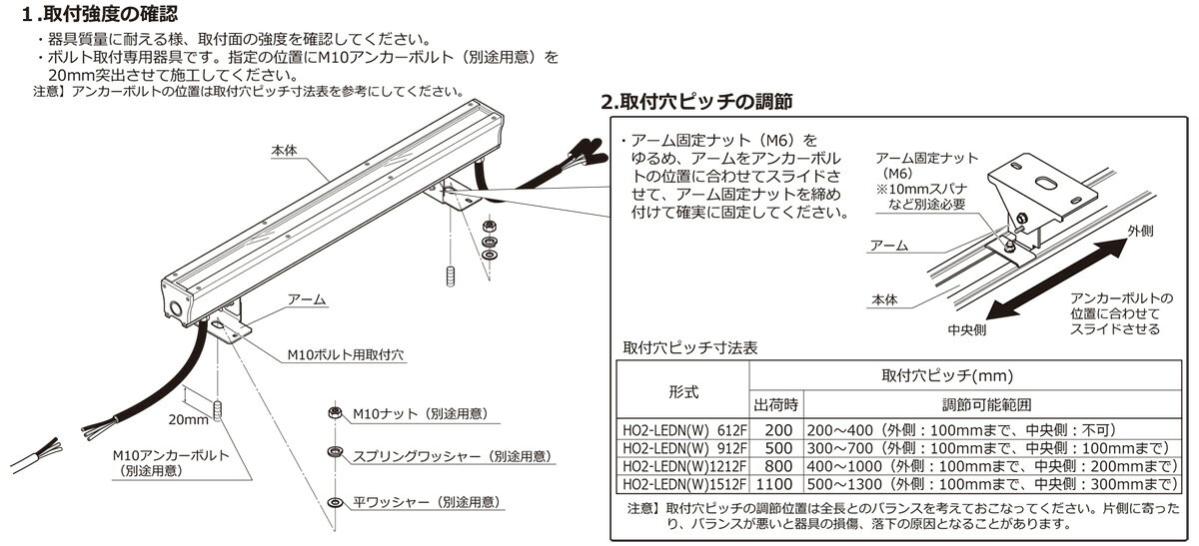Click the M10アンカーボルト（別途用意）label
170,462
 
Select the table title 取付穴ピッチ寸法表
689,349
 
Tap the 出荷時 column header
774,406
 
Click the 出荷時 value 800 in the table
775,465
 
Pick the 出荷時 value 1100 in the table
775,483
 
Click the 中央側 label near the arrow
968,328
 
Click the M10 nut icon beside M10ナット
334,412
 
